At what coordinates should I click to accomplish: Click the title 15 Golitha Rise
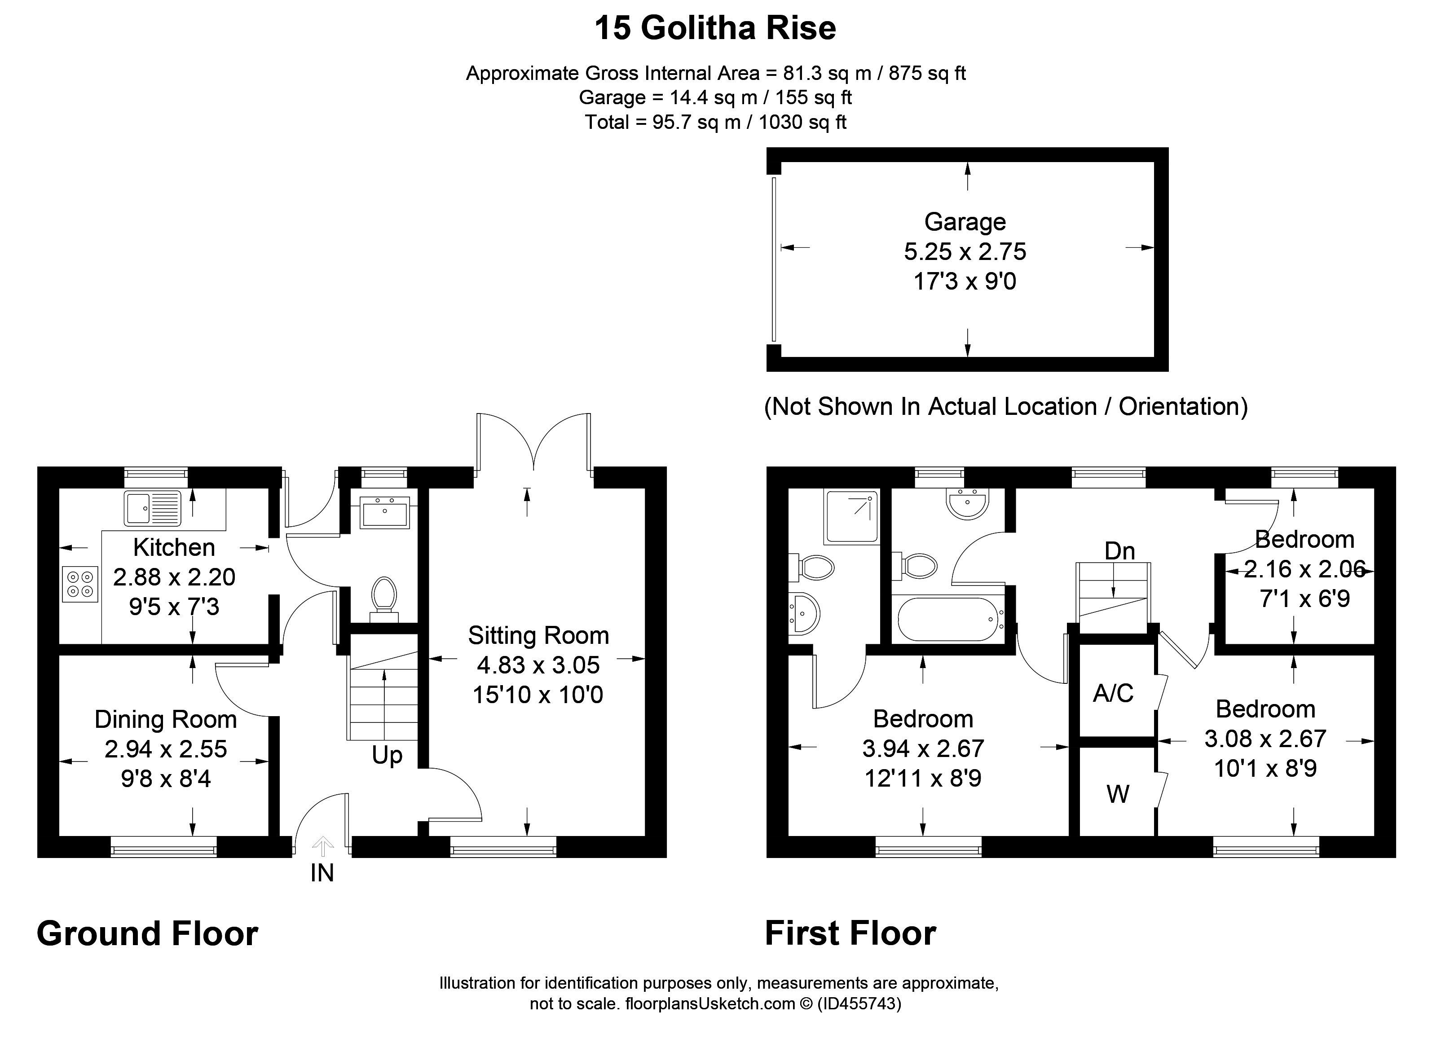pyautogui.click(x=715, y=28)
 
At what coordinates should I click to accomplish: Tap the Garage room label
pyautogui.click(x=965, y=222)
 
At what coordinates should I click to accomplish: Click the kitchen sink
pyautogui.click(x=153, y=508)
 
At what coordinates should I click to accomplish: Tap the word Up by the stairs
pyautogui.click(x=387, y=755)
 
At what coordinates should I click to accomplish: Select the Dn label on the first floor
pyautogui.click(x=1119, y=551)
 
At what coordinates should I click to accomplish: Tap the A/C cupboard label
pyautogui.click(x=1113, y=693)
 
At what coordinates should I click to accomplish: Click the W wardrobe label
pyautogui.click(x=1118, y=794)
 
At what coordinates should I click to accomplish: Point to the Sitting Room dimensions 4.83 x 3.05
pyautogui.click(x=538, y=665)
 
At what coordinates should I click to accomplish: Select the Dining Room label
pyautogui.click(x=165, y=719)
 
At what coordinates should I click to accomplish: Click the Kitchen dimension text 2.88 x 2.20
pyautogui.click(x=174, y=577)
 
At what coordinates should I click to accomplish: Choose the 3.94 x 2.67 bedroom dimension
pyautogui.click(x=922, y=749)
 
